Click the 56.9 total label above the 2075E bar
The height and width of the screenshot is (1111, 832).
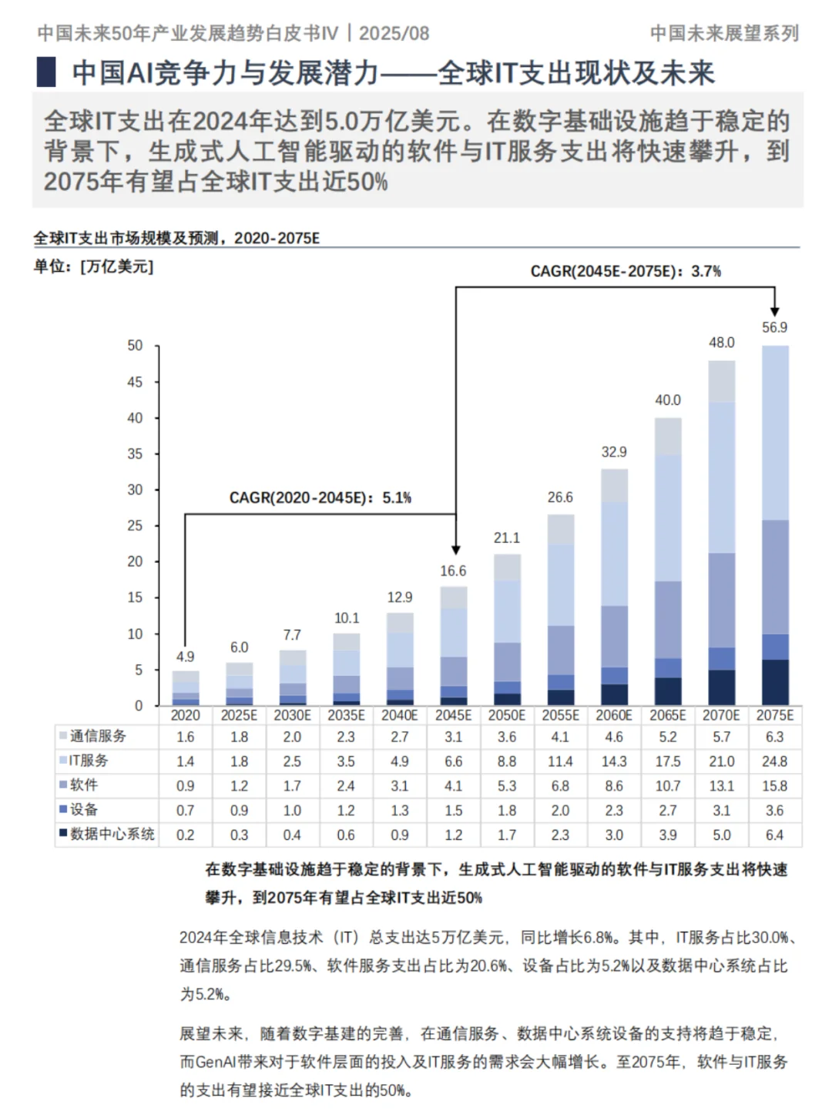774,327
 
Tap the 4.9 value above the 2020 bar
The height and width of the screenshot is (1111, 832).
185,657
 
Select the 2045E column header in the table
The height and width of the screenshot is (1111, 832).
453,715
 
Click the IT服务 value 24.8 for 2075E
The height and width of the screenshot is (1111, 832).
774,761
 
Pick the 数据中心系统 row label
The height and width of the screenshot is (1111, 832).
112,835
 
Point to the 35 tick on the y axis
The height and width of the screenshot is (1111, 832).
135,454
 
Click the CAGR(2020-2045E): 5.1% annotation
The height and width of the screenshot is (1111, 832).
320,498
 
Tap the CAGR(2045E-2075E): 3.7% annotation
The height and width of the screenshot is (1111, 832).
626,272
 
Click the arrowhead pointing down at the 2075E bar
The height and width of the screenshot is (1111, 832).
774,310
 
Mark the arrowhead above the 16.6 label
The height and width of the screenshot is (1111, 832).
456,549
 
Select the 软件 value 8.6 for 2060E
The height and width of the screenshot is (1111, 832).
614,786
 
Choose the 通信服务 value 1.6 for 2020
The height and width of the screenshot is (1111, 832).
185,737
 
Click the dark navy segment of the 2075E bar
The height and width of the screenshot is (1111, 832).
775,682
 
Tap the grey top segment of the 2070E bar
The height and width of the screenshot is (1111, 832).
722,381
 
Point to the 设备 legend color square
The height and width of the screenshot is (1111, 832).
63,809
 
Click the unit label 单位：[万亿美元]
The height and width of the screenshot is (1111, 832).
93,266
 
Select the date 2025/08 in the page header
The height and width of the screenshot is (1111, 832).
394,33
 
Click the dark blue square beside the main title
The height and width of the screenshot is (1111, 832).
46,72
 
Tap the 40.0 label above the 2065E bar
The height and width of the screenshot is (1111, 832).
668,400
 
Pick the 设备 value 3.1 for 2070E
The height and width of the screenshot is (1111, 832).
721,811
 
